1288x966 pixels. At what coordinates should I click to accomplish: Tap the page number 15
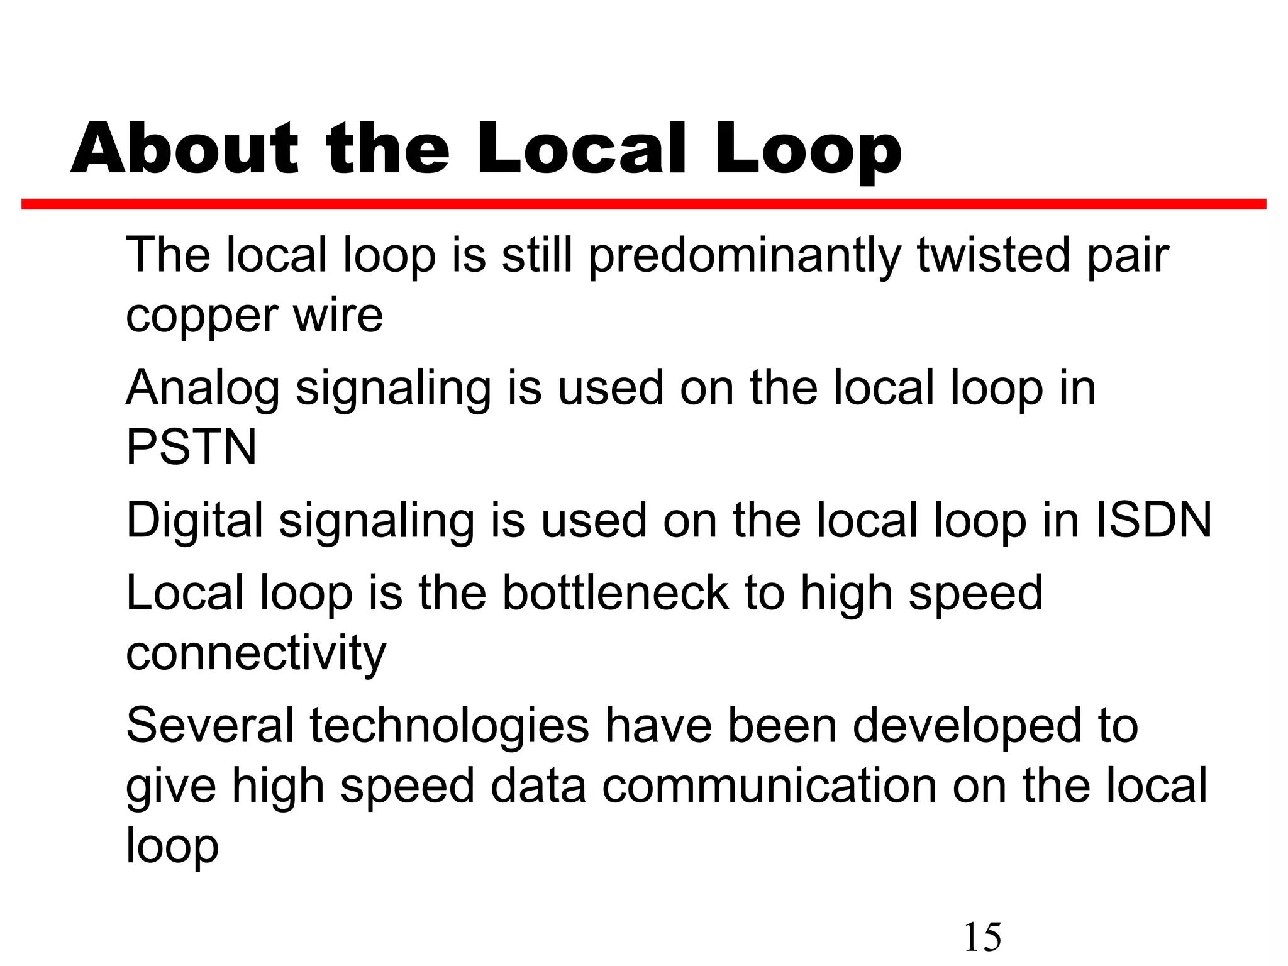click(x=982, y=937)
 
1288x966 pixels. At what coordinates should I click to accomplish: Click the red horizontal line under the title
click(x=643, y=204)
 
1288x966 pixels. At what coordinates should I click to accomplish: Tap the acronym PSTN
click(x=191, y=447)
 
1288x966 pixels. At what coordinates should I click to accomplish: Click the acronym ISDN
click(x=1153, y=520)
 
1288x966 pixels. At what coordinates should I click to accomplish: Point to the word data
click(x=538, y=786)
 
